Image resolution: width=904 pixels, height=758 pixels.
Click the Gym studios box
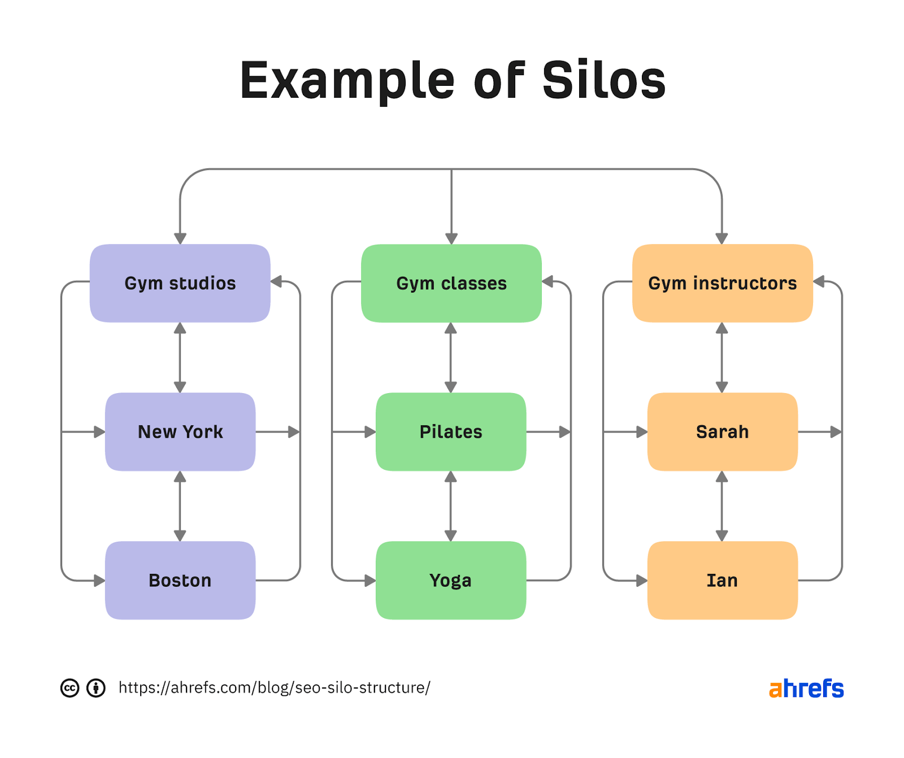(180, 283)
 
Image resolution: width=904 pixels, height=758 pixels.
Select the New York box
(180, 432)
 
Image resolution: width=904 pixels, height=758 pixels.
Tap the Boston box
(180, 580)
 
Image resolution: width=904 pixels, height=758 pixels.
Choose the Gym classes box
(451, 283)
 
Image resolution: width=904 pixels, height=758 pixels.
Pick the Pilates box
(450, 432)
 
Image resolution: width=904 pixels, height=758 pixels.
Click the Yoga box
(450, 580)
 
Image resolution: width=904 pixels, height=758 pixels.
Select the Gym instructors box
(722, 283)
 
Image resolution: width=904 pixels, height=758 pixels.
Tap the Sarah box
(722, 432)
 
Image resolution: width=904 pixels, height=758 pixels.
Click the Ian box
(722, 580)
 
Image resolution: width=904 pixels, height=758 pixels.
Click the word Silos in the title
(604, 81)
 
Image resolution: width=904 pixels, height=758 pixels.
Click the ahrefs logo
(806, 689)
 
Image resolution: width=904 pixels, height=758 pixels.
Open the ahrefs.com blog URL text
(274, 687)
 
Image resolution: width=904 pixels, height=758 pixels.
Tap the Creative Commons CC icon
(69, 688)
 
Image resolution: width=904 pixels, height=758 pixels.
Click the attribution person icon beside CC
(96, 688)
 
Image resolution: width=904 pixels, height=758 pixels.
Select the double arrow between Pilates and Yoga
(450, 506)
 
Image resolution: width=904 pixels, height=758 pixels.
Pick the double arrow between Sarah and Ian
(722, 506)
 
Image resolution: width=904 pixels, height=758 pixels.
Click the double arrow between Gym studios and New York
(180, 358)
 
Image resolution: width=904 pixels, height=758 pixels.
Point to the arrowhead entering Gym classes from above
(451, 238)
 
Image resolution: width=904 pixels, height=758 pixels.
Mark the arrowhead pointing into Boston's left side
(99, 580)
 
